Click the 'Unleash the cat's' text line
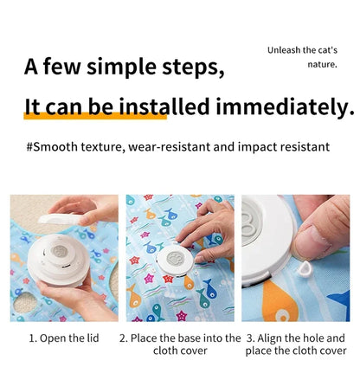point(302,49)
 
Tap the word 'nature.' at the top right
point(322,64)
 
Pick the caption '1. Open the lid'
point(64,338)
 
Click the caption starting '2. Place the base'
point(179,344)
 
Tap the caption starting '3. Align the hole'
point(296,344)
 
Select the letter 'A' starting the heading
point(32,68)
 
